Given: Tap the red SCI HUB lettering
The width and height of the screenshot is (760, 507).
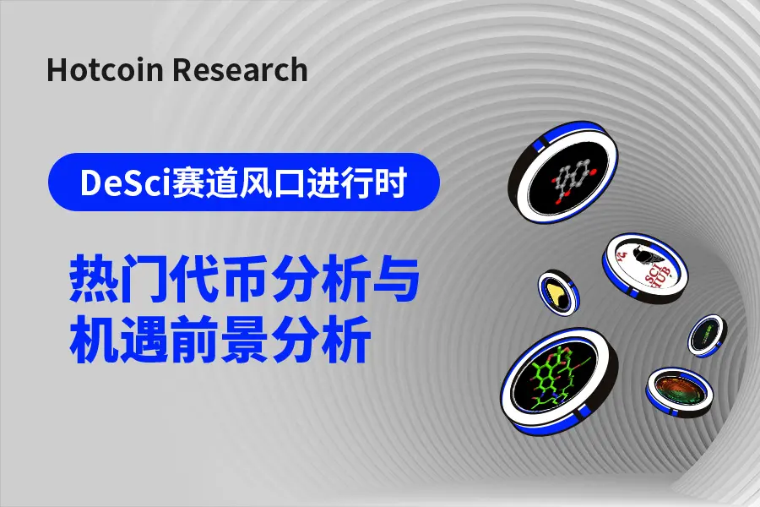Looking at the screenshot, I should pos(655,275).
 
